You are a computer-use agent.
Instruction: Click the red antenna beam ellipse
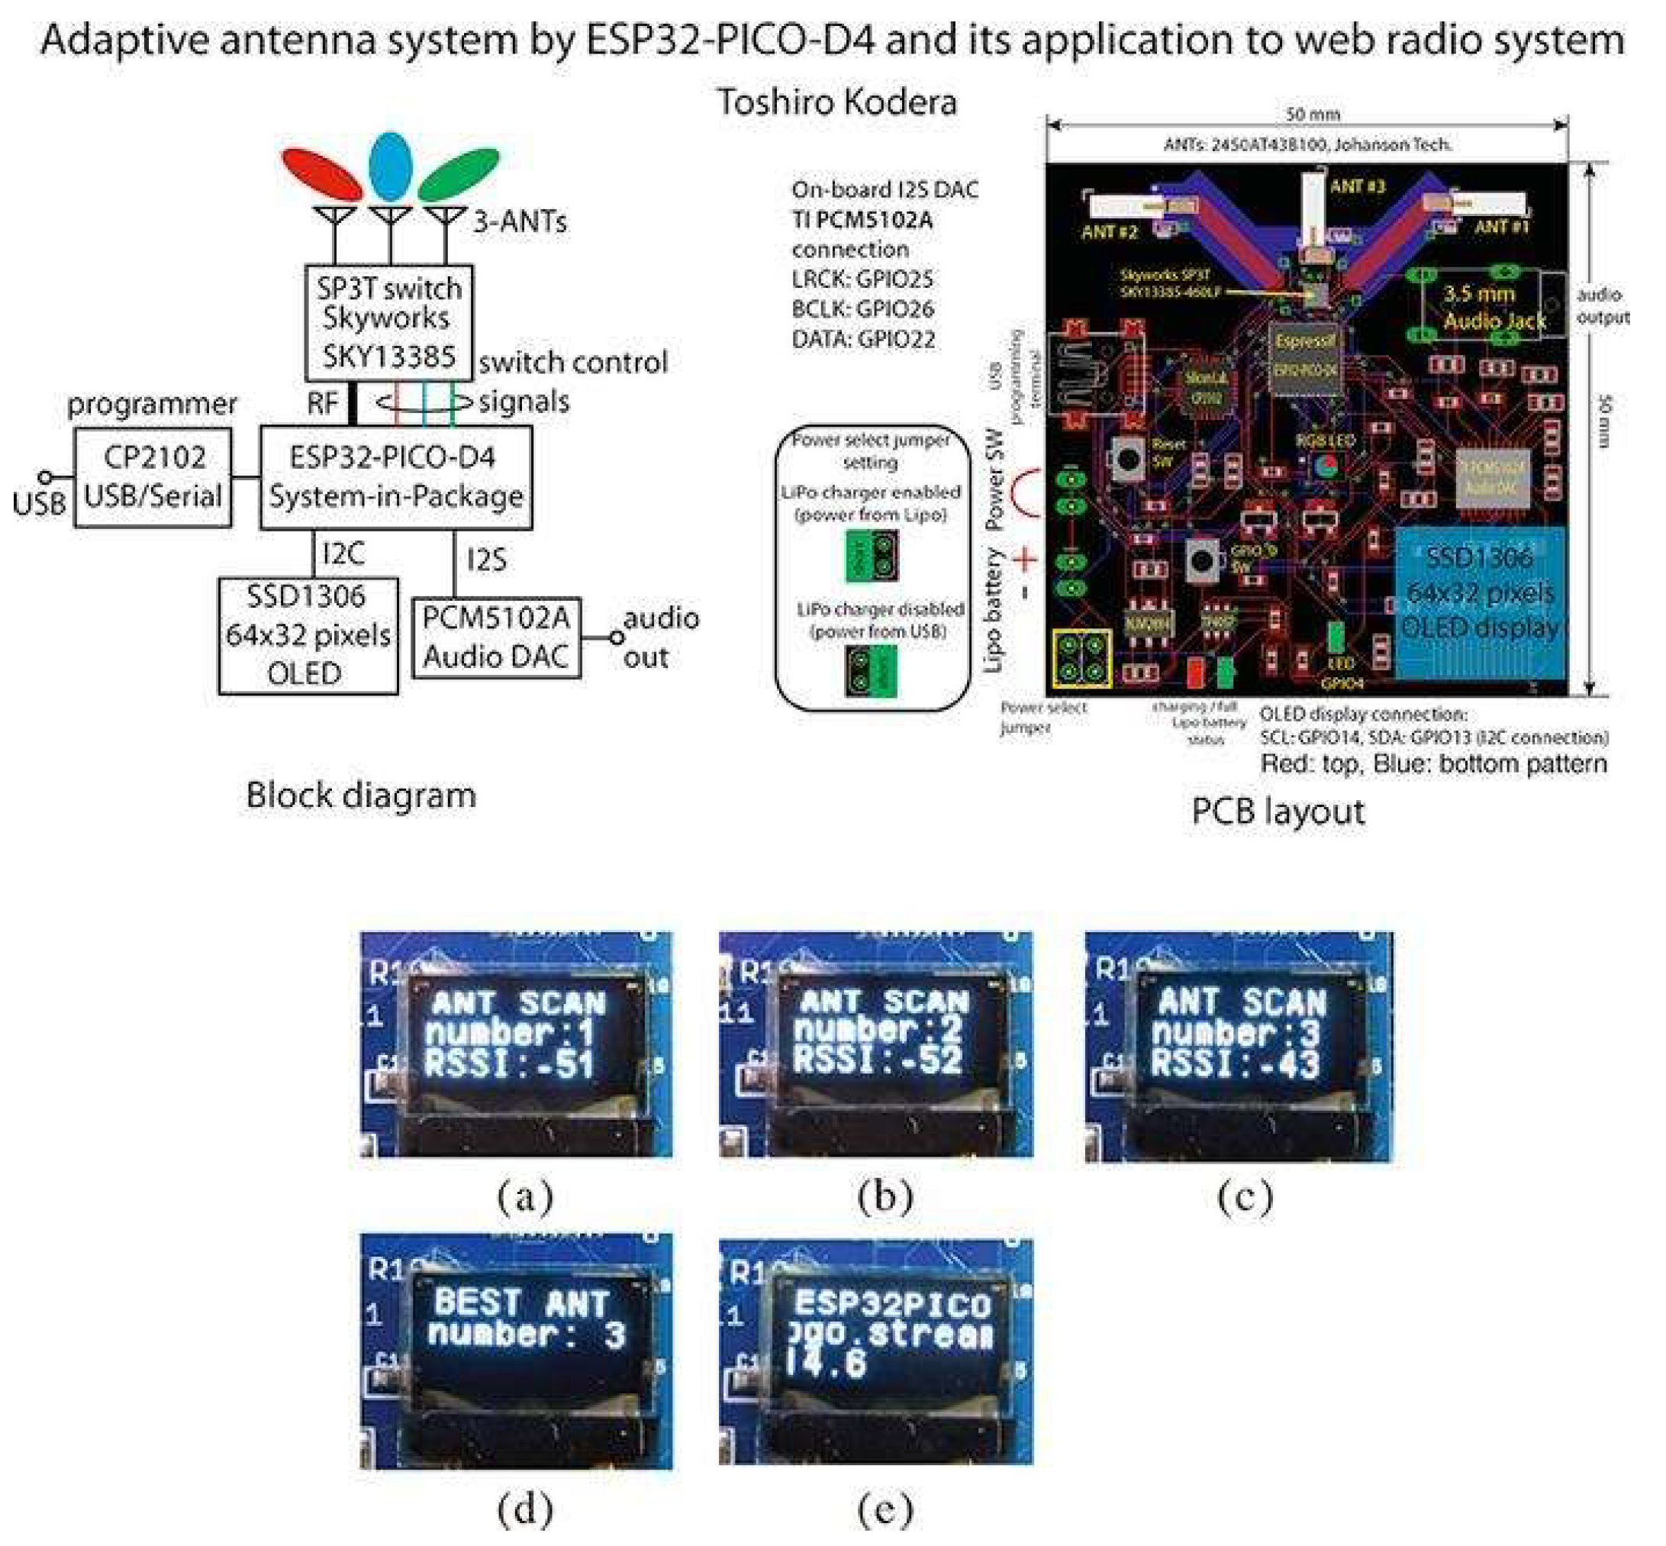[x=321, y=173]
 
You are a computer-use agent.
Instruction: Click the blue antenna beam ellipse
[x=391, y=166]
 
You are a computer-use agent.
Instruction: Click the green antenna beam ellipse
[x=459, y=173]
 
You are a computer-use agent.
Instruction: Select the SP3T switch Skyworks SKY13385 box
[x=389, y=323]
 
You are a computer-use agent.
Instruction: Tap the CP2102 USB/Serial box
[x=153, y=477]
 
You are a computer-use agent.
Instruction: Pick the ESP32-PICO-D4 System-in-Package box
[x=395, y=477]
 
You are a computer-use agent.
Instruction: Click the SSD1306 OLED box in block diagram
[x=308, y=635]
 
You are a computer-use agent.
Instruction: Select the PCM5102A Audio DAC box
[x=497, y=637]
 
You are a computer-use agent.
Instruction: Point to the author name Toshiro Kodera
[x=836, y=102]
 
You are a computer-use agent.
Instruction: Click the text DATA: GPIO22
[x=863, y=340]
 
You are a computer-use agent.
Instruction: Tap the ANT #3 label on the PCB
[x=1357, y=186]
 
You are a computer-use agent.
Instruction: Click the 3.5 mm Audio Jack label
[x=1494, y=307]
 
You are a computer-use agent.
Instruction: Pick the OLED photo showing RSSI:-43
[x=1239, y=1046]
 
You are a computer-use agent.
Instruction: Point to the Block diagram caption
[x=360, y=795]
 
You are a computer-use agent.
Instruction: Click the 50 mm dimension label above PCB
[x=1312, y=114]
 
